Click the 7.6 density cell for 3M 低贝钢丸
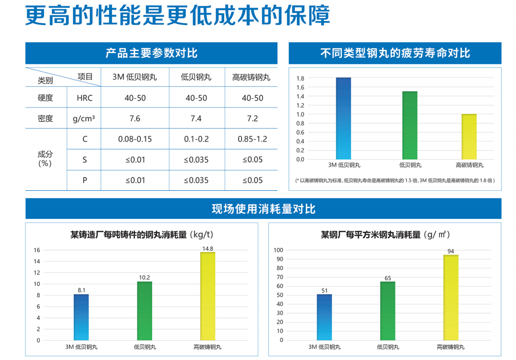pyautogui.click(x=135, y=119)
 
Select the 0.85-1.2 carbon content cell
pyautogui.click(x=252, y=139)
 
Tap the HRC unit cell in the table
pyautogui.click(x=84, y=98)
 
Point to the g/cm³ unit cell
pyautogui.click(x=84, y=119)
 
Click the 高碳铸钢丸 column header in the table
pyautogui.click(x=251, y=77)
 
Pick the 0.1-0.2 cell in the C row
pyautogui.click(x=196, y=139)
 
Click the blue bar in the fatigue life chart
pyautogui.click(x=343, y=118)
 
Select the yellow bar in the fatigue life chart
pyautogui.click(x=469, y=136)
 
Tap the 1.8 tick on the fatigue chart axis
pyautogui.click(x=300, y=78)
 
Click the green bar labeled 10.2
pyautogui.click(x=144, y=310)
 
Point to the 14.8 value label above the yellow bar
pyautogui.click(x=208, y=248)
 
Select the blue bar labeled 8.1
pyautogui.click(x=81, y=317)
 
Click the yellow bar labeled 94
pyautogui.click(x=451, y=298)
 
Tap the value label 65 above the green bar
pyautogui.click(x=387, y=278)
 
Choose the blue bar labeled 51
pyautogui.click(x=324, y=317)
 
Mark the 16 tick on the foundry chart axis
pyautogui.click(x=37, y=250)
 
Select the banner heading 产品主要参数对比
pyautogui.click(x=151, y=53)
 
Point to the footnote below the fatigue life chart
pyautogui.click(x=395, y=180)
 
